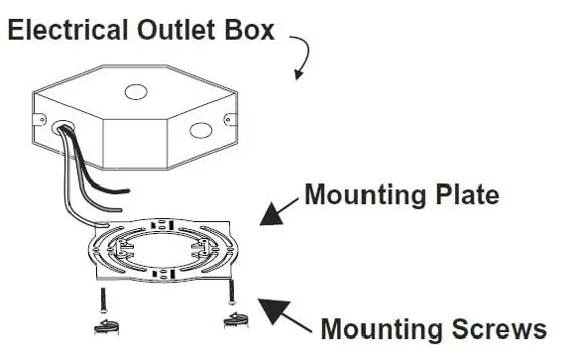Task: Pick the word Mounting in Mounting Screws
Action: [381, 328]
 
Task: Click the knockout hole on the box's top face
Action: [132, 96]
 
